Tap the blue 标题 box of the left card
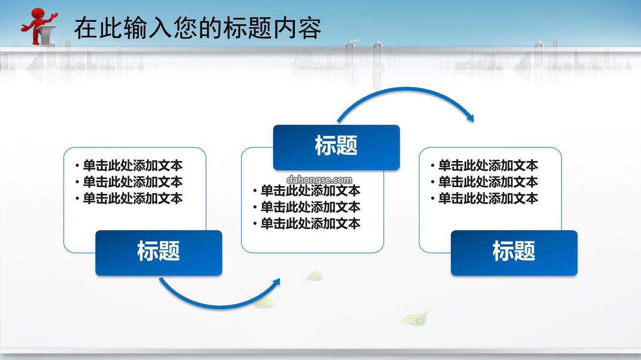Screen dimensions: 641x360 [x=159, y=253]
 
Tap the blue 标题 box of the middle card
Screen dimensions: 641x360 [x=337, y=148]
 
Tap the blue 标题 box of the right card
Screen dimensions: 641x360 [x=514, y=253]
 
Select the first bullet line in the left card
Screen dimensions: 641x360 [x=129, y=166]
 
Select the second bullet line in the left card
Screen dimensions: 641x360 [x=129, y=182]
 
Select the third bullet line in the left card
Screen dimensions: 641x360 [x=129, y=199]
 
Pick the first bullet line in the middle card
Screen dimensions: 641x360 [x=307, y=191]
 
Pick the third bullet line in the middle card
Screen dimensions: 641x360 [x=307, y=224]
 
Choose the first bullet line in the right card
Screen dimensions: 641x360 [x=485, y=166]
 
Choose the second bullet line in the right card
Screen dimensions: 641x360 [x=485, y=182]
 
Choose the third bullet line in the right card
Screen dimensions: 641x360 [x=485, y=199]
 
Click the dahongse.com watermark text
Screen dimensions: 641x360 [x=319, y=179]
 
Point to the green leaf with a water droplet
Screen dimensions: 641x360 [x=416, y=317]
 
